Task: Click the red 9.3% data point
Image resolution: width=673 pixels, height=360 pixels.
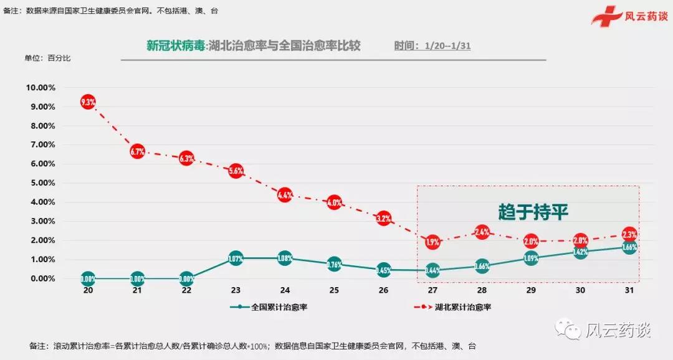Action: (88, 102)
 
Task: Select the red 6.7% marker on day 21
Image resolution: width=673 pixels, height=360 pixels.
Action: (137, 151)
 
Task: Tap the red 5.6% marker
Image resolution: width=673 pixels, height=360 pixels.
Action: (236, 171)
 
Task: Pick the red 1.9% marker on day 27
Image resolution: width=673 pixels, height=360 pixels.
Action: (432, 241)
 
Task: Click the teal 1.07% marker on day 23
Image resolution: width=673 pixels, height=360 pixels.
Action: (236, 258)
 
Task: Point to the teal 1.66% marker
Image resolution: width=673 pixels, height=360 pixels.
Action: (629, 248)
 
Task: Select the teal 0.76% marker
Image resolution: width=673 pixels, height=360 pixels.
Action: (334, 264)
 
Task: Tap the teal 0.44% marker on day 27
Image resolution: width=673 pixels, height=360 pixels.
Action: (432, 270)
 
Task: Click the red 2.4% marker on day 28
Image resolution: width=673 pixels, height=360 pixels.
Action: (482, 232)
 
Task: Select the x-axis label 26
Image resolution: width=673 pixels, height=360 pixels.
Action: (383, 290)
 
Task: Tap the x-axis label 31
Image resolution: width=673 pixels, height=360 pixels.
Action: (629, 290)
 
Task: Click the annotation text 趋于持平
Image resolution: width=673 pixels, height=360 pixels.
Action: (533, 212)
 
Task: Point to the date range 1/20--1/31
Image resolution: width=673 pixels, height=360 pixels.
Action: (447, 47)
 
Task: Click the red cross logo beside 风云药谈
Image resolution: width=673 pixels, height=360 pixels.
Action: (604, 16)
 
